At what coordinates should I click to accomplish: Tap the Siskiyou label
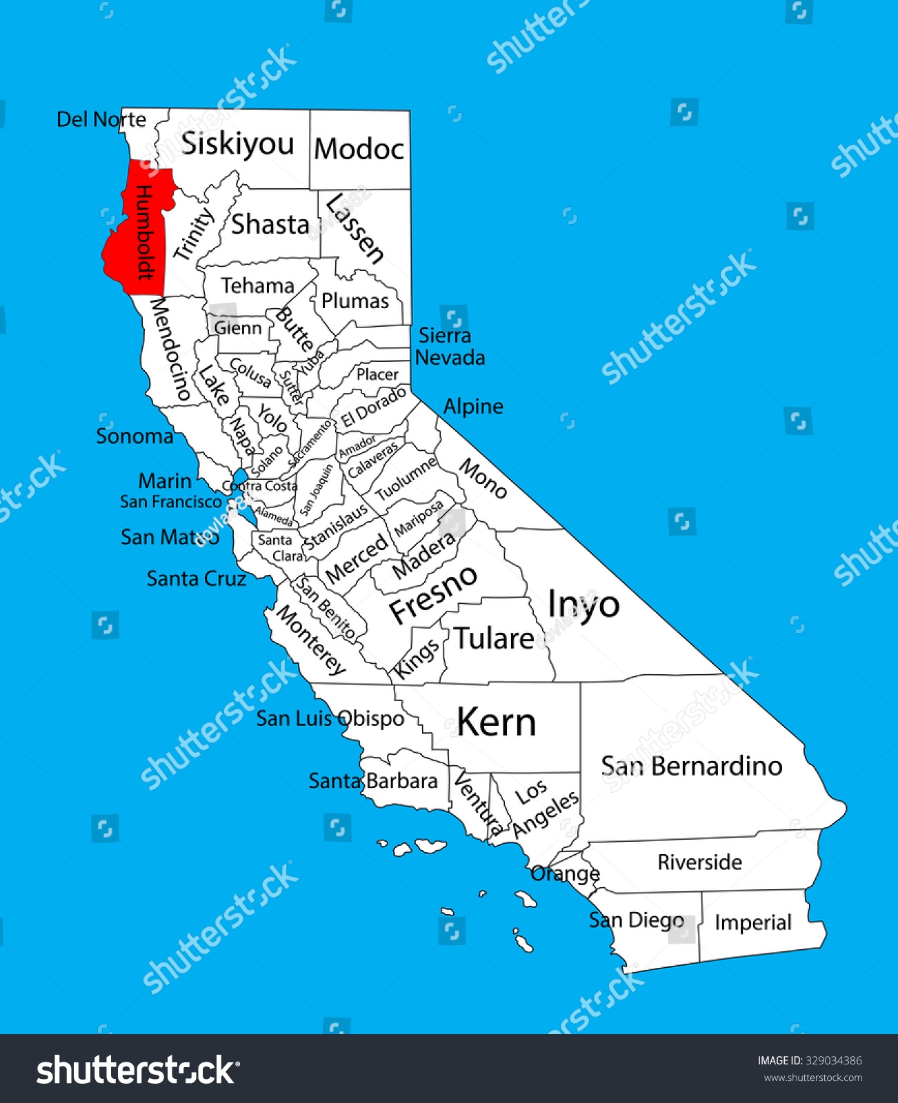238,144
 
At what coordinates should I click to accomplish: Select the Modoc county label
359,149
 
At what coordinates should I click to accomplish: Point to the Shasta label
270,224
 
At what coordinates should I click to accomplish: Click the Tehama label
257,285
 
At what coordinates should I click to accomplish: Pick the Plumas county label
355,301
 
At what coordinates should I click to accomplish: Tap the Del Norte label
101,119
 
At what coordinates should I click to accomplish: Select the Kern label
497,722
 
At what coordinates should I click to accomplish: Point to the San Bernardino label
692,766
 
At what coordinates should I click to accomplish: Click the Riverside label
699,862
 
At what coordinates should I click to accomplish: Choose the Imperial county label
752,922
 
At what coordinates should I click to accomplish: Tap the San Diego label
636,920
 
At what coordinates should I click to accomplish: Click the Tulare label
494,638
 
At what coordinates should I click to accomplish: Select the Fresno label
433,594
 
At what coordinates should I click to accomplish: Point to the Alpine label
473,406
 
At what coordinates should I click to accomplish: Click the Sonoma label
134,436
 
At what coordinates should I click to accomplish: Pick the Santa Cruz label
197,578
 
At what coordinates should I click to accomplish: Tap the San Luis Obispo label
330,718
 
